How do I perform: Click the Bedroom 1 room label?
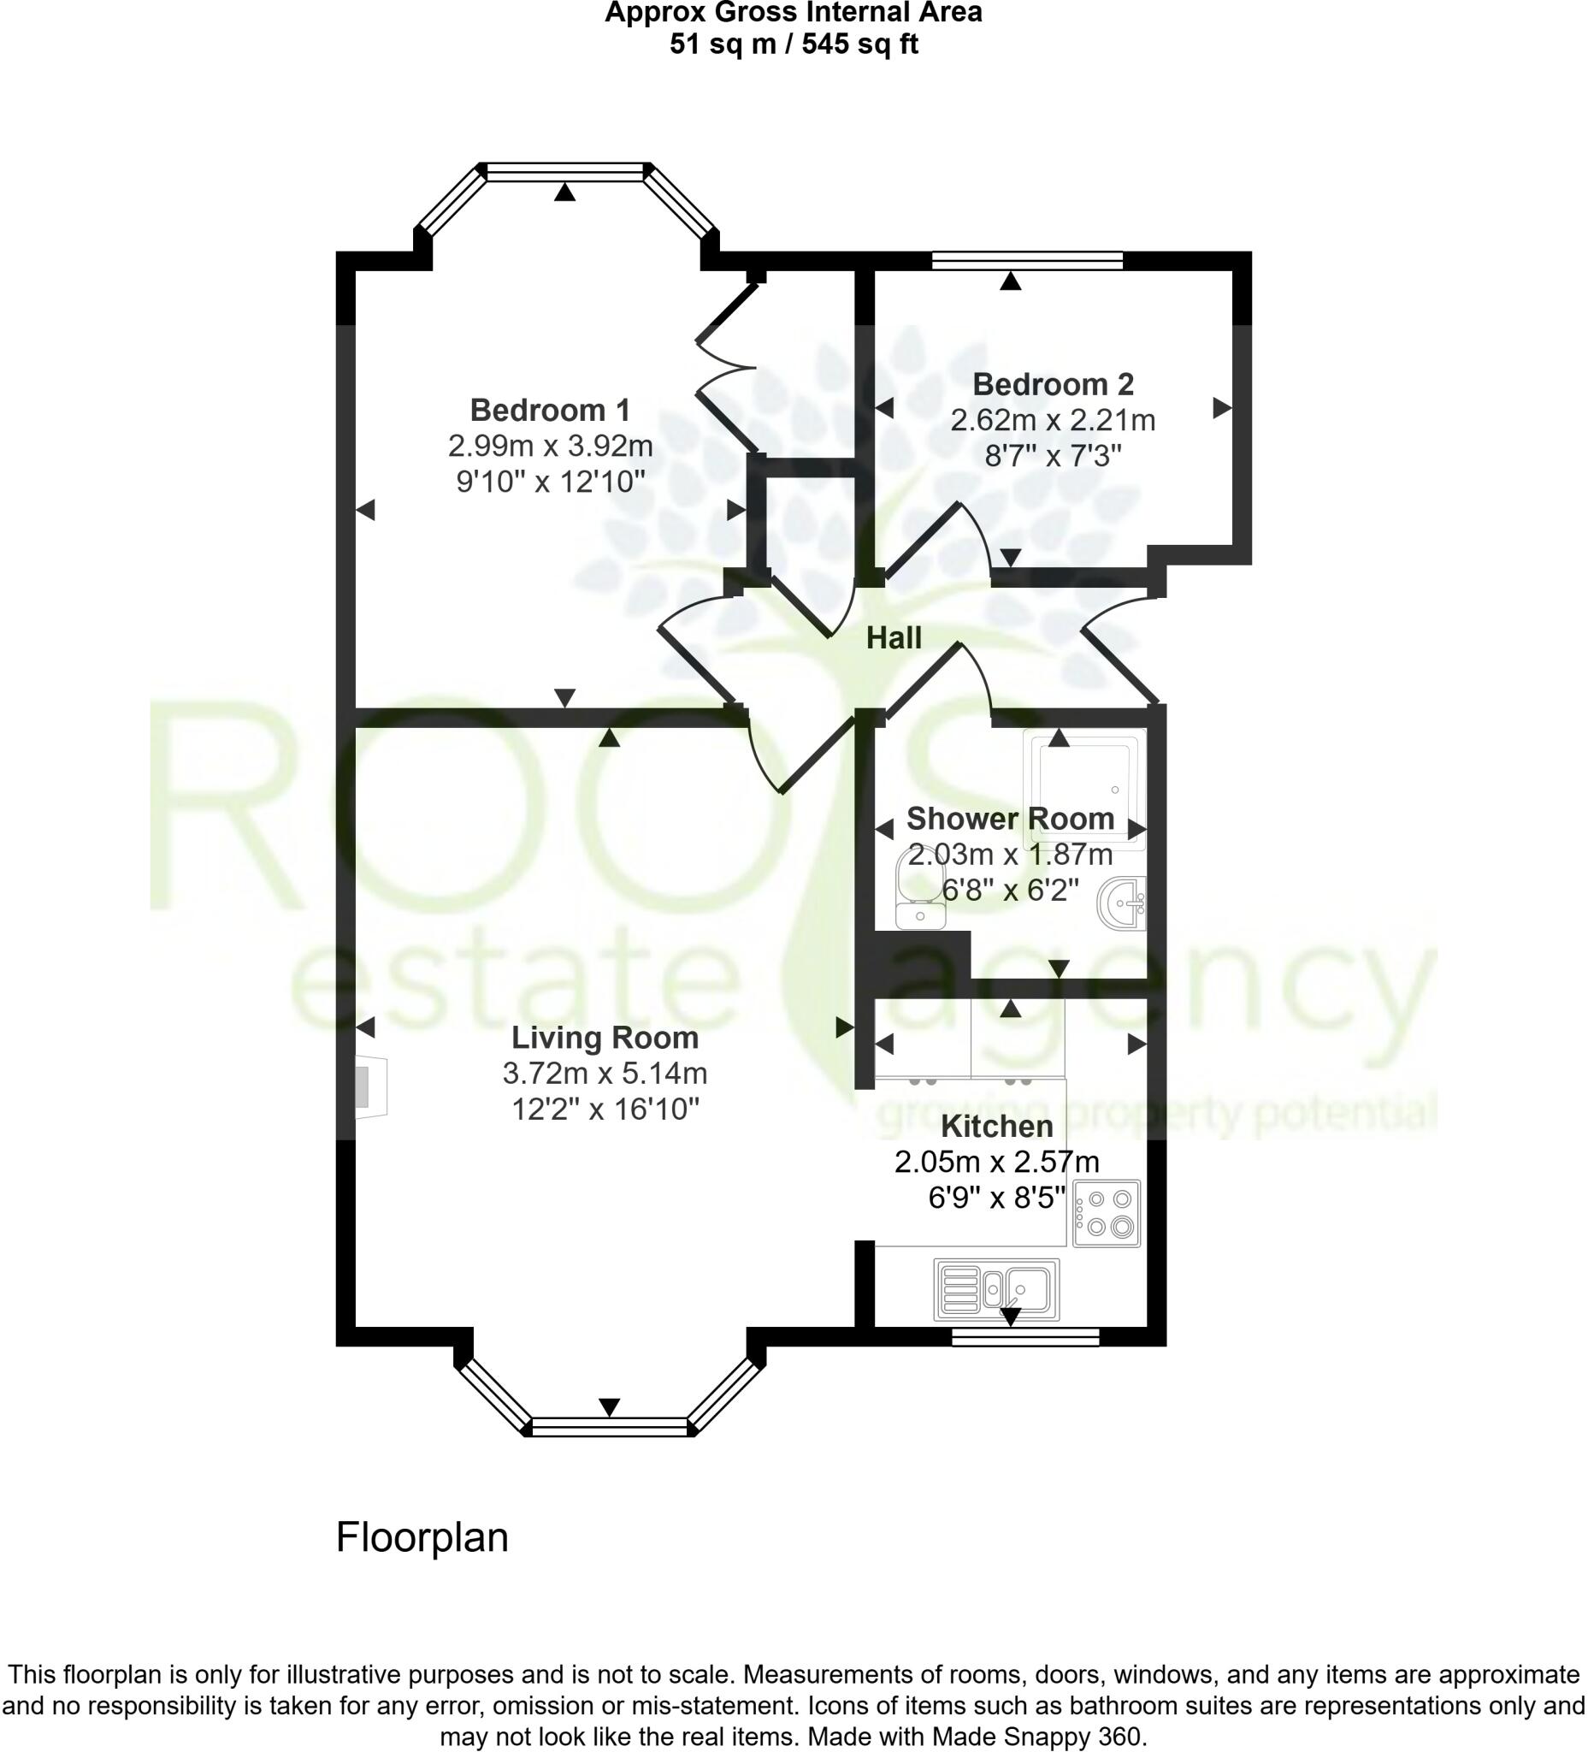[x=550, y=409]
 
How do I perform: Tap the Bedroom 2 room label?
[x=1052, y=383]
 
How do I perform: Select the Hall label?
[x=893, y=639]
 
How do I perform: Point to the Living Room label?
[x=605, y=1038]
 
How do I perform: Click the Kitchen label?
[x=996, y=1127]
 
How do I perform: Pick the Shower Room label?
[x=1009, y=818]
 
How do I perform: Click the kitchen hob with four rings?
[x=1106, y=1213]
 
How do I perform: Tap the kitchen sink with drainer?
[x=996, y=1289]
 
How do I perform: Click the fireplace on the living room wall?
[x=369, y=1086]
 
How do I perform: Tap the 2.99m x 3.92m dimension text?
[x=550, y=446]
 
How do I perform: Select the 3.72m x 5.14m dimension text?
[x=605, y=1074]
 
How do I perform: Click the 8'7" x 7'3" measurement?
[x=1052, y=455]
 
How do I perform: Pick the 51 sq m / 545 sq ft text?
[x=793, y=44]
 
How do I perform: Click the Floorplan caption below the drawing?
[x=422, y=1537]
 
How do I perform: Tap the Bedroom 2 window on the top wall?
[x=1027, y=260]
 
